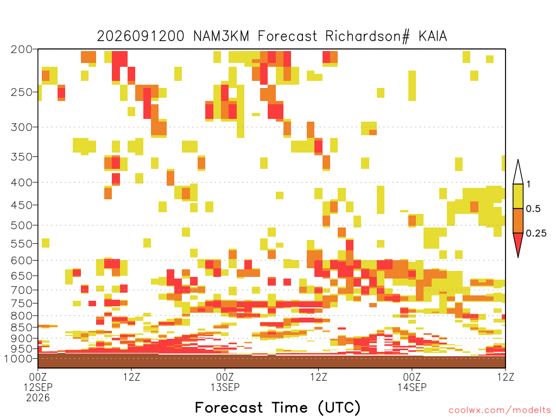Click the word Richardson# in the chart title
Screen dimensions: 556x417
pyautogui.click(x=368, y=36)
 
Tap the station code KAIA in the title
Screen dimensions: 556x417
pyautogui.click(x=433, y=36)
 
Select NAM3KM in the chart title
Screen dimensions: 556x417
pyautogui.click(x=222, y=36)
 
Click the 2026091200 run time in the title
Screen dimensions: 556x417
pyautogui.click(x=141, y=36)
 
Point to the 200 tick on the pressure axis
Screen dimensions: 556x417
pyautogui.click(x=21, y=49)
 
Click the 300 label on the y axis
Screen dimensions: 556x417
pyautogui.click(x=21, y=127)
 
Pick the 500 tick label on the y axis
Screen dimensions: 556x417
pyautogui.click(x=21, y=225)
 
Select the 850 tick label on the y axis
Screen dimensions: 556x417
pyautogui.click(x=21, y=327)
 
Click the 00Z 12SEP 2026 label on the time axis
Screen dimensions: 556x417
pyautogui.click(x=38, y=387)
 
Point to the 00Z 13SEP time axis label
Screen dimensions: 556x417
pyautogui.click(x=225, y=382)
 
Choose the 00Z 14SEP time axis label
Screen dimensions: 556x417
pyautogui.click(x=412, y=382)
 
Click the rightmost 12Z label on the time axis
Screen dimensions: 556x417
pyautogui.click(x=506, y=377)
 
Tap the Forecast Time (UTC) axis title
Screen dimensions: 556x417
pyautogui.click(x=277, y=408)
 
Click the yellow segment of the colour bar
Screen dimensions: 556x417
pyautogui.click(x=518, y=196)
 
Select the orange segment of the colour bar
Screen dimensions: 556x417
pyautogui.click(x=518, y=220)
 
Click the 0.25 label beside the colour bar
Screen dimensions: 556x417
pyautogui.click(x=536, y=233)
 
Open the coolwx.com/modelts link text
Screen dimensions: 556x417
pyautogui.click(x=500, y=410)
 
